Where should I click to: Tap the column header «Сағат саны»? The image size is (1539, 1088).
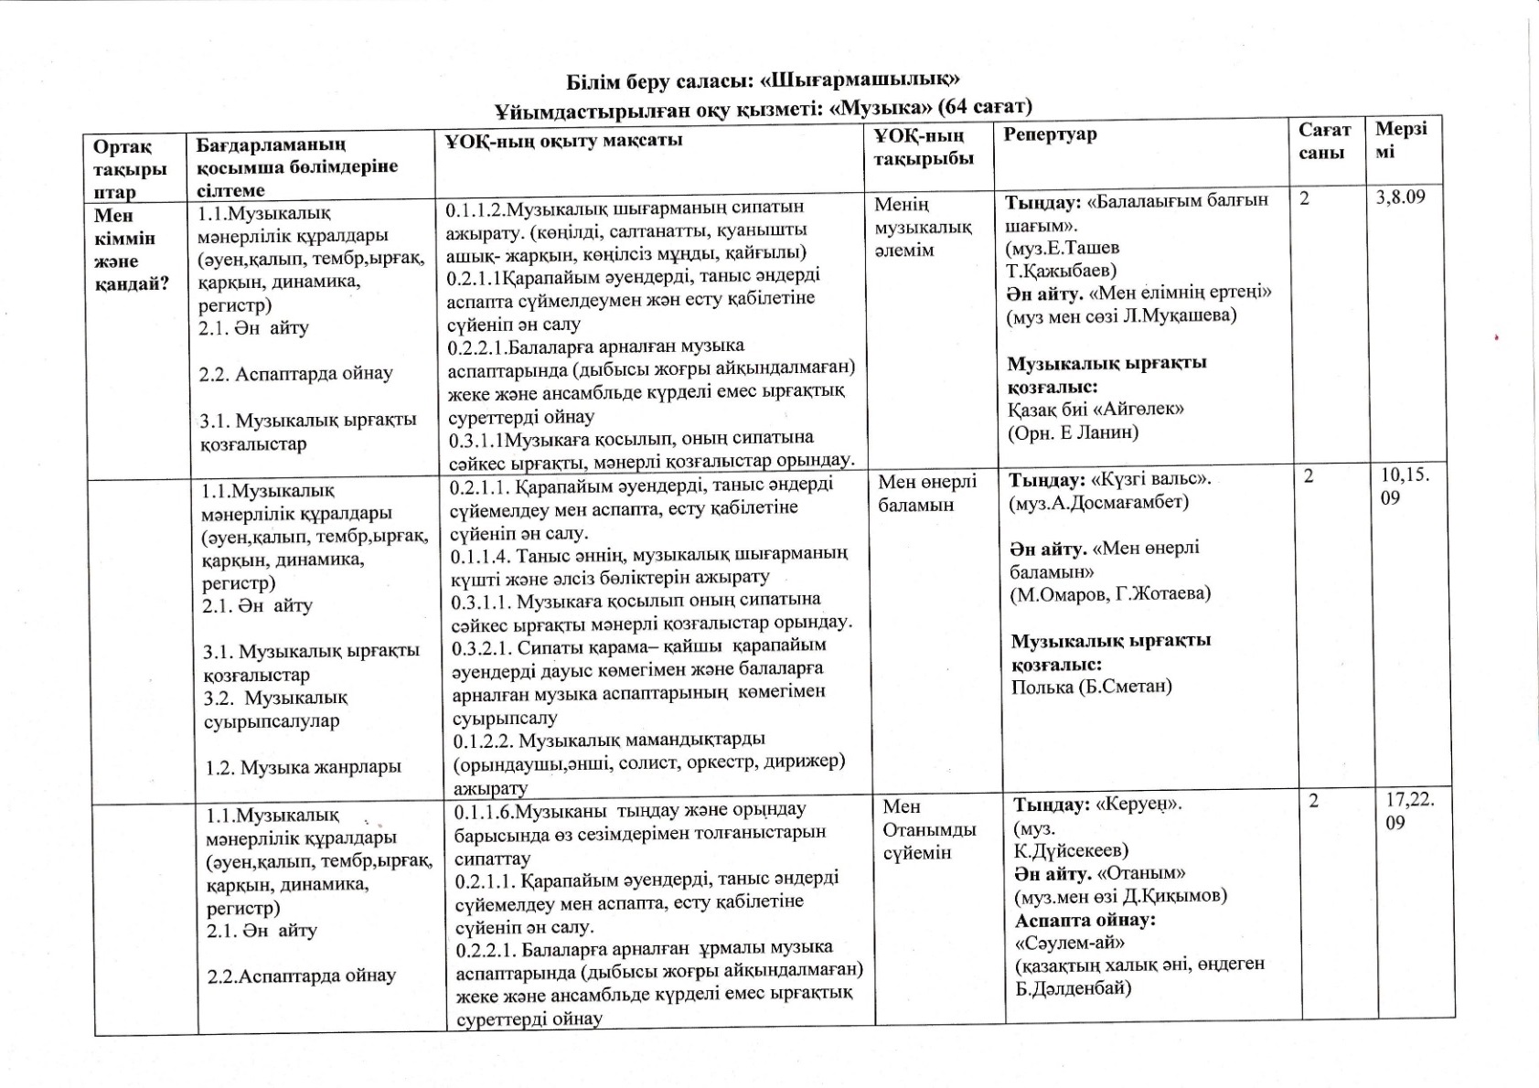coord(1323,142)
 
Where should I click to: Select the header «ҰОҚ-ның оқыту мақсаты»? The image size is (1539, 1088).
coord(564,141)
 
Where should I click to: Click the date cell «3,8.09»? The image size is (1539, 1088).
coord(1401,197)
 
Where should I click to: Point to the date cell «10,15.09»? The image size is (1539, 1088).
coord(1405,486)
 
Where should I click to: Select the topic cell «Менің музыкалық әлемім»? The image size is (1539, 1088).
coord(923,227)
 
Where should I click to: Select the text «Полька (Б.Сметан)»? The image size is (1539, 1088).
coord(1092,687)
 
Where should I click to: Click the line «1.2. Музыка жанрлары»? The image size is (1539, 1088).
coord(303,767)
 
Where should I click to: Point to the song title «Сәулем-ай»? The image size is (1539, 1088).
coord(1070,942)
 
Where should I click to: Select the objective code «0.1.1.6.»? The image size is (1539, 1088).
coord(487,811)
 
